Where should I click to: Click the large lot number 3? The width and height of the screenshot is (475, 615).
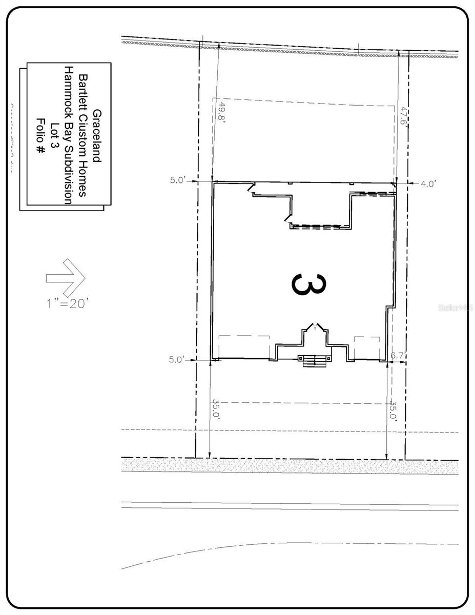[307, 285]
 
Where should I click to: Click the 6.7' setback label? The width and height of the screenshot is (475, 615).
[399, 355]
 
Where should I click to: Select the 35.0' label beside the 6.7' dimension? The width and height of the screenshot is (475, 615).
[393, 410]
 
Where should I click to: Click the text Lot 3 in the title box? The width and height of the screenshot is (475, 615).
[53, 136]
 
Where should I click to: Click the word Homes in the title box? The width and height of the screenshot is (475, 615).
[82, 181]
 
